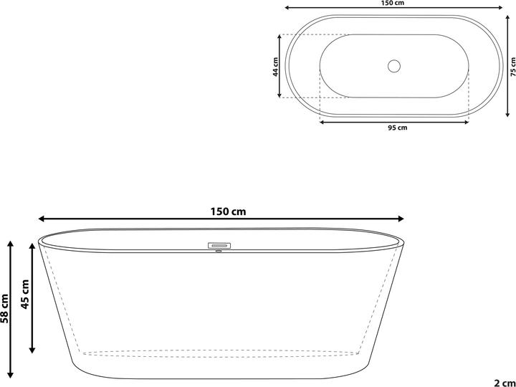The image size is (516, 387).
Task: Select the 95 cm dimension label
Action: tap(397, 129)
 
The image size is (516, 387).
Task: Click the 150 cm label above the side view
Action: tap(228, 211)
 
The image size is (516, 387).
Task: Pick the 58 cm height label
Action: tap(5, 309)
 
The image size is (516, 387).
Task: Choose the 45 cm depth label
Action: tap(24, 295)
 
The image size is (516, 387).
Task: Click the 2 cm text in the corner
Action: tap(505, 381)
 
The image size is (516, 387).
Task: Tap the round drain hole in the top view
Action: tap(393, 66)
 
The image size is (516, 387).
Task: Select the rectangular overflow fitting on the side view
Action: tap(218, 245)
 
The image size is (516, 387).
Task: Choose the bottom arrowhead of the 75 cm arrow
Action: tap(507, 114)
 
